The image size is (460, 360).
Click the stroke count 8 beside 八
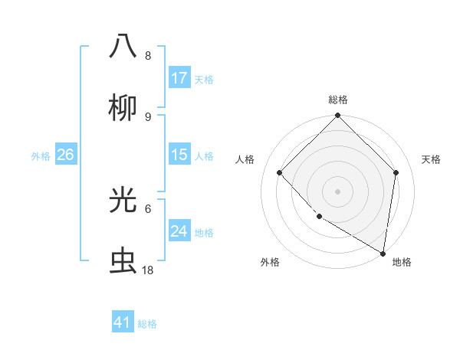pos(148,56)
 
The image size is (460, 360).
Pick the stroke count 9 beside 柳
pos(148,116)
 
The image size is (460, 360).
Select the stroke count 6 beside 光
pos(148,208)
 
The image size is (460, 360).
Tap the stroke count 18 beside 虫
pos(148,270)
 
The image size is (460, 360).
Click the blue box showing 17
pos(179,78)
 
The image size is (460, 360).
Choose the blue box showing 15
pos(179,155)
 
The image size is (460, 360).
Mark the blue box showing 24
pos(179,231)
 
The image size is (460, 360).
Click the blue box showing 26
pos(65,155)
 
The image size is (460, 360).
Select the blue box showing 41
pos(123,322)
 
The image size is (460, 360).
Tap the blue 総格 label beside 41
pos(147,324)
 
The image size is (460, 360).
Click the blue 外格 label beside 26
pos(41,156)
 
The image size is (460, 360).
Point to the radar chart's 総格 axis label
pos(337,100)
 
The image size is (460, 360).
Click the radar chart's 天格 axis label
pos(431,159)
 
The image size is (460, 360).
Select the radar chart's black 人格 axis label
pos(245,159)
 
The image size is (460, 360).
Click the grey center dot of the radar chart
pos(337,191)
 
